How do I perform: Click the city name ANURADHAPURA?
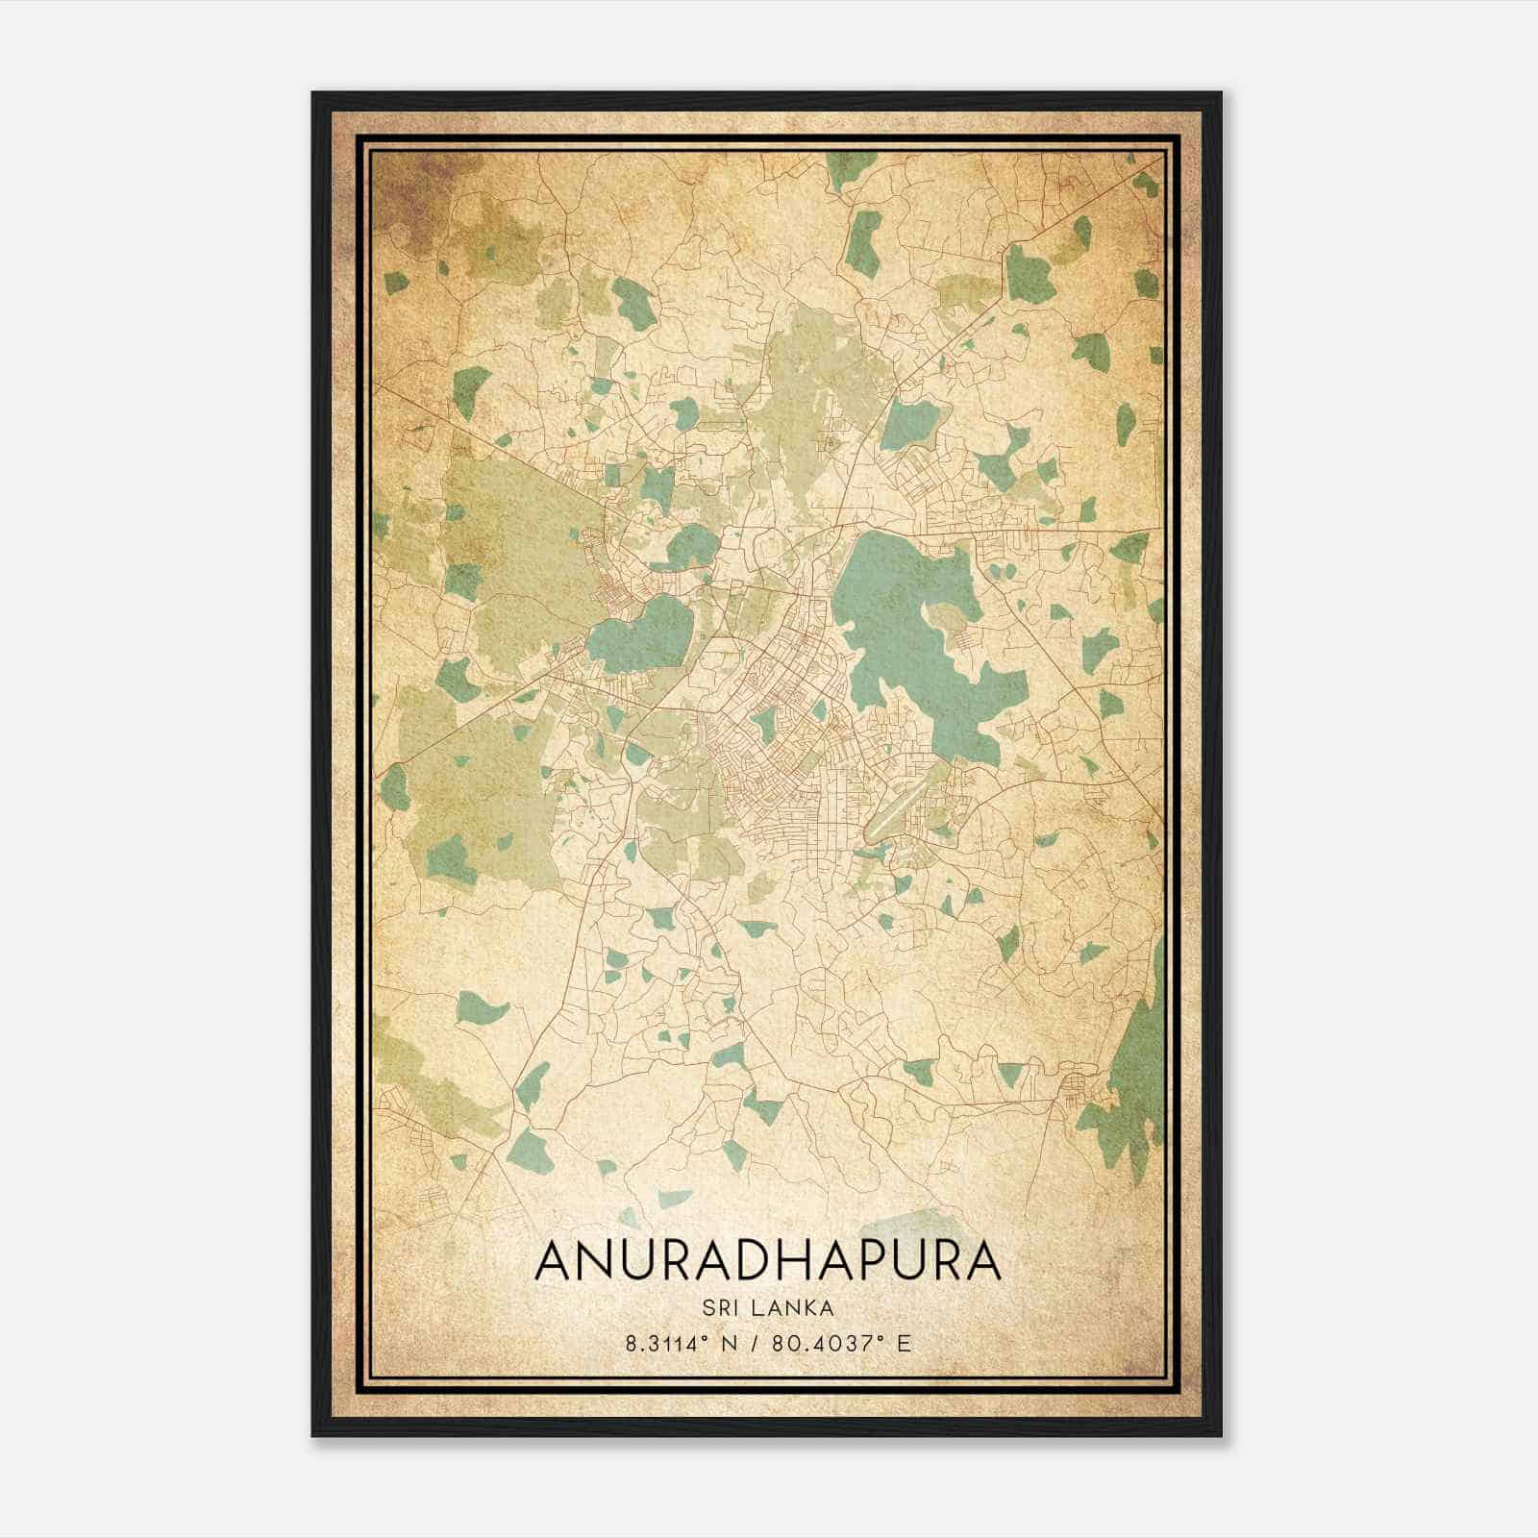[x=767, y=1260]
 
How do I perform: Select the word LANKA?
[x=794, y=1307]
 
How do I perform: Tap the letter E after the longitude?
[x=903, y=1343]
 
